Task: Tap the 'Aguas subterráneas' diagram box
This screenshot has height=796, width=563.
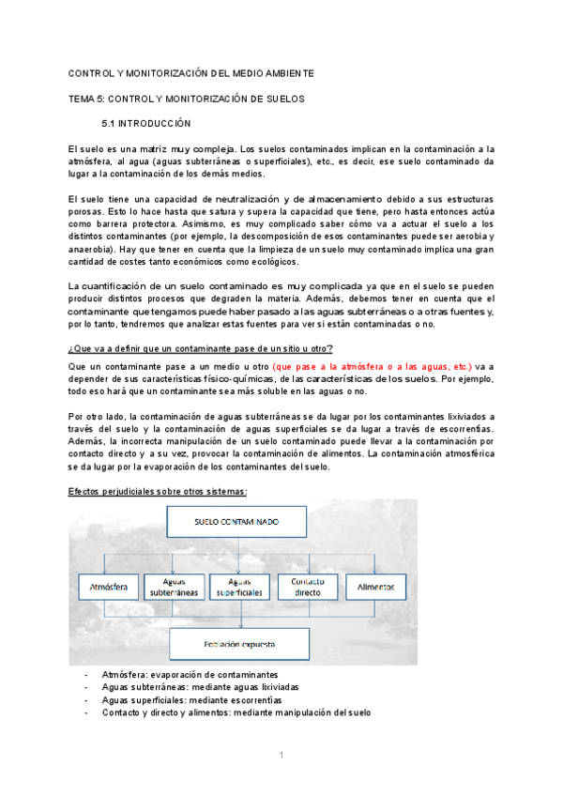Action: click(x=173, y=589)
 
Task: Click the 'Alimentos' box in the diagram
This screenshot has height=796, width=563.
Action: click(x=374, y=589)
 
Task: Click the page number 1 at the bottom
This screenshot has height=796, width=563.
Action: click(x=281, y=755)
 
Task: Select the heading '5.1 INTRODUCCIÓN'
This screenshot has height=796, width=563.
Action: click(x=145, y=123)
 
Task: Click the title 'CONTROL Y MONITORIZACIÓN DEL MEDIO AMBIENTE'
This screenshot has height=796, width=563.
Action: click(x=191, y=73)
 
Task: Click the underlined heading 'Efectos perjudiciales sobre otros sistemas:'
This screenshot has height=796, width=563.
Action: click(x=157, y=491)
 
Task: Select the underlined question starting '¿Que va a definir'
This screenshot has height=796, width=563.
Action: click(x=200, y=348)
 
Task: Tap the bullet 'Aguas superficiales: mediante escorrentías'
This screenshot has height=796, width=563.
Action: click(x=191, y=699)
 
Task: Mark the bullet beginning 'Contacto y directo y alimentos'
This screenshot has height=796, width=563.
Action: click(x=236, y=712)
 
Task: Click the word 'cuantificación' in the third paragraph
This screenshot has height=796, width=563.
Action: click(x=121, y=285)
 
